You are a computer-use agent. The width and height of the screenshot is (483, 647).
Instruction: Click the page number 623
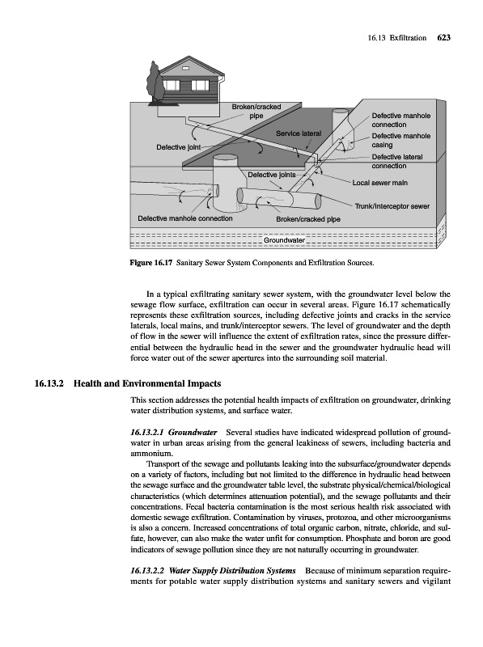click(x=443, y=38)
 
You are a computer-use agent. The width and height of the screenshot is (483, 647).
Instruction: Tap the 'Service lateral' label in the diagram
click(x=299, y=133)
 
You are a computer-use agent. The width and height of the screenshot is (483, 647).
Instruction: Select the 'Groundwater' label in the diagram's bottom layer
click(x=284, y=240)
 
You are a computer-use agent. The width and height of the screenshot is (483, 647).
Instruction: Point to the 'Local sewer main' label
click(x=379, y=183)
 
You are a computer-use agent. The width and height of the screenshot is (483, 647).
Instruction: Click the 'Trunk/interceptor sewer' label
click(x=392, y=206)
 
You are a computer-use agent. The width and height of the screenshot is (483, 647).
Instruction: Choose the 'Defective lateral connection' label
click(x=397, y=161)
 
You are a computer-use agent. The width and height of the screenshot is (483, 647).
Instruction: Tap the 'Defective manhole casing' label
click(x=400, y=140)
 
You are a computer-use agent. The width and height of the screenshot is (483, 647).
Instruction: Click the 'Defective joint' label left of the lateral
click(x=178, y=147)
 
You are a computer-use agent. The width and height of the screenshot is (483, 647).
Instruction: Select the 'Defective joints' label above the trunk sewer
click(x=272, y=175)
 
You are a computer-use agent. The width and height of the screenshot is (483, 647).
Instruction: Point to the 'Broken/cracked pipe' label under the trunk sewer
click(x=308, y=219)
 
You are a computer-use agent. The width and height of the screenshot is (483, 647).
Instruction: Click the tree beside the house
click(x=155, y=82)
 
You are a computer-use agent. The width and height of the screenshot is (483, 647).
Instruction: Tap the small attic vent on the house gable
click(x=185, y=68)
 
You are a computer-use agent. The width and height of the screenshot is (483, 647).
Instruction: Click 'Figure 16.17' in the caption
click(x=151, y=263)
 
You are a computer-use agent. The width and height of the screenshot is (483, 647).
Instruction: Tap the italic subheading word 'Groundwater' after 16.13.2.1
click(x=193, y=433)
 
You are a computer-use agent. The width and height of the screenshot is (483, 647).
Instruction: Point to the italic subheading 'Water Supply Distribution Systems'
click(x=232, y=571)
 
